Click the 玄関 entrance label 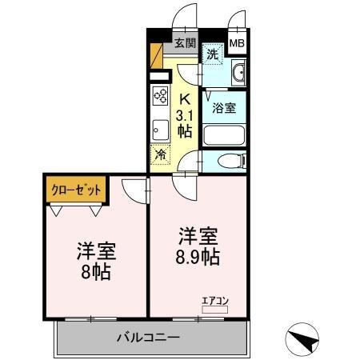185,43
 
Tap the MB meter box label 238,43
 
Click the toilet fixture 227,161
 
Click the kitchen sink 158,129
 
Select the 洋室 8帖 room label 97,259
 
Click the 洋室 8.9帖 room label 198,247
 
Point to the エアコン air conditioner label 215,301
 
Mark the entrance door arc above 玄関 186,17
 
